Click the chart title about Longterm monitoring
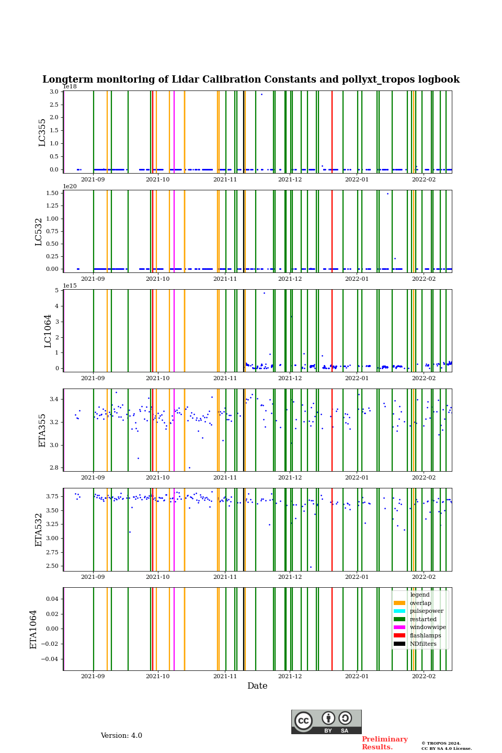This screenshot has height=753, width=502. point(251,79)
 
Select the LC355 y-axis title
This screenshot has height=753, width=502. point(42,132)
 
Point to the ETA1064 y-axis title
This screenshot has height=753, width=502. point(33,629)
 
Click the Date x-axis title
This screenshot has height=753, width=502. point(257,686)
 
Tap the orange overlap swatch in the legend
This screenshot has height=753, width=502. point(399,603)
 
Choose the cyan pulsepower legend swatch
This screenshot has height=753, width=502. point(399,611)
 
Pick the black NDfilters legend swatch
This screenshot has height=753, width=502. point(399,644)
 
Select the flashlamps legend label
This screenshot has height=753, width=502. point(425,635)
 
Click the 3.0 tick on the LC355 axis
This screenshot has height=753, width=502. point(54,92)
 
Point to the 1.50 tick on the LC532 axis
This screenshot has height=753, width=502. point(52,193)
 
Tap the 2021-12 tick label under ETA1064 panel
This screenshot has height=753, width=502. point(290,676)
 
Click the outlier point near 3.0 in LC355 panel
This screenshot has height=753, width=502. point(261,95)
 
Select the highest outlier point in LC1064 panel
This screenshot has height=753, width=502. point(264,293)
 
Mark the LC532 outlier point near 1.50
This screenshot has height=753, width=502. point(387,193)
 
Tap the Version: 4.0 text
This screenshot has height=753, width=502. point(121,736)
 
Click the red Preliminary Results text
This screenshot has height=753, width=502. point(385,743)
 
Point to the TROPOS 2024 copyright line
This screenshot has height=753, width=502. point(441,743)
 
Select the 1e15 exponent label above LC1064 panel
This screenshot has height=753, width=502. point(70,286)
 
